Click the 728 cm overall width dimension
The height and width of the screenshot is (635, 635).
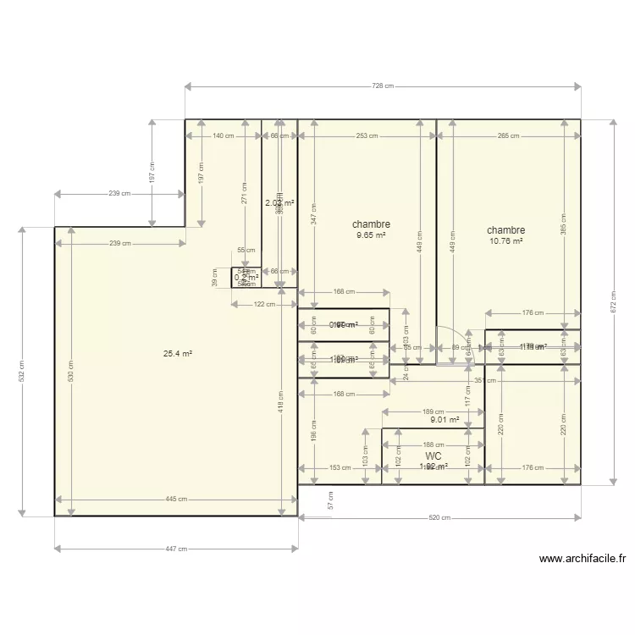click(383, 86)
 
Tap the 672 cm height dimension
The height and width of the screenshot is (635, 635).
click(613, 303)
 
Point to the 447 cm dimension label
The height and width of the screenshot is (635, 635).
click(176, 549)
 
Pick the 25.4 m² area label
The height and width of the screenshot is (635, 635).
click(178, 354)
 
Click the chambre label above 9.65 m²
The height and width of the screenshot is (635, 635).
click(371, 224)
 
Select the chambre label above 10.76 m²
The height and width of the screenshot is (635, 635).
click(505, 229)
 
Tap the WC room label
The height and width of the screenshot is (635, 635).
click(433, 456)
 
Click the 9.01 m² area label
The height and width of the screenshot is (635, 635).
click(444, 419)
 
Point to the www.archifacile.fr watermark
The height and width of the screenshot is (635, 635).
click(583, 559)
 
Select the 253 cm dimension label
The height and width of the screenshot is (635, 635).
click(367, 135)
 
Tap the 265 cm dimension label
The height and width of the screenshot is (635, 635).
click(509, 135)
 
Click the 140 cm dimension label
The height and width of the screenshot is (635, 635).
click(224, 135)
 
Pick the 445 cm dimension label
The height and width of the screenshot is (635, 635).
click(176, 500)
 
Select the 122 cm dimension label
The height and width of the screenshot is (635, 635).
click(264, 305)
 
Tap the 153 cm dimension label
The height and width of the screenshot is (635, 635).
click(340, 467)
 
